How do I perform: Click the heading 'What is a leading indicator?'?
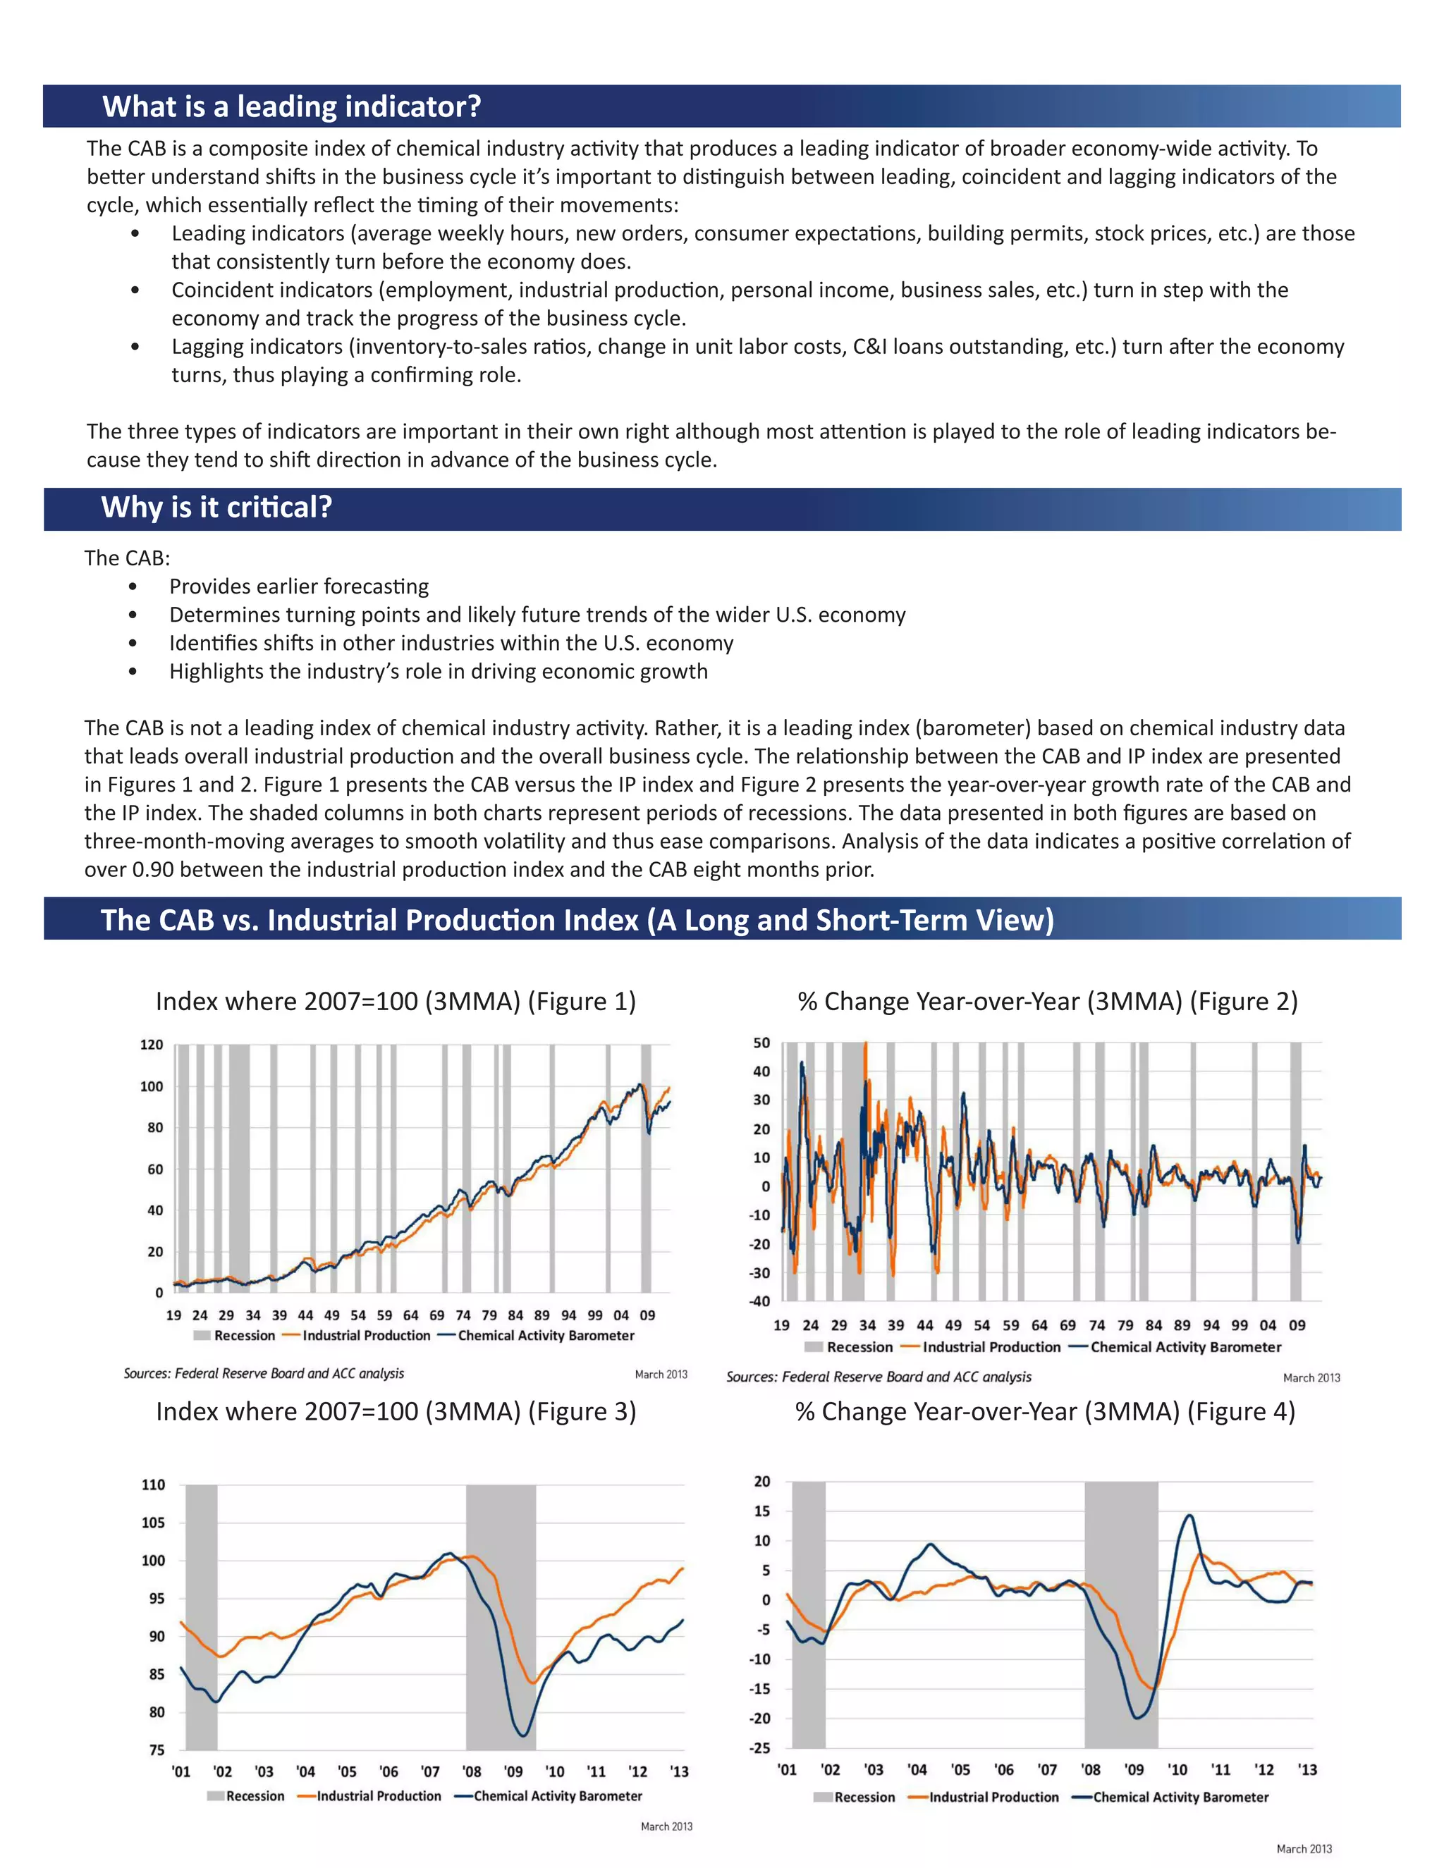point(292,107)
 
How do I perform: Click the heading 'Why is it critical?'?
point(216,508)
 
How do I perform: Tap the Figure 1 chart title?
point(396,1001)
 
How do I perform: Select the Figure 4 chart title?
point(1044,1411)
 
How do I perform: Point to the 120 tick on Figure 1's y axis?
point(152,1045)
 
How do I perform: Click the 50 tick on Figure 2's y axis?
point(761,1043)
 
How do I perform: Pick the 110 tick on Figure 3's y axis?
point(153,1484)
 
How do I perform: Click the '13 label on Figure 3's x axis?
point(679,1771)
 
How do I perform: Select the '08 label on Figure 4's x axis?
point(1090,1769)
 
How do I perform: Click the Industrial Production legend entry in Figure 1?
point(365,1335)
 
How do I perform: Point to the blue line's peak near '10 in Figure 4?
point(1189,1516)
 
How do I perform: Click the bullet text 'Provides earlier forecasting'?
point(298,586)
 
